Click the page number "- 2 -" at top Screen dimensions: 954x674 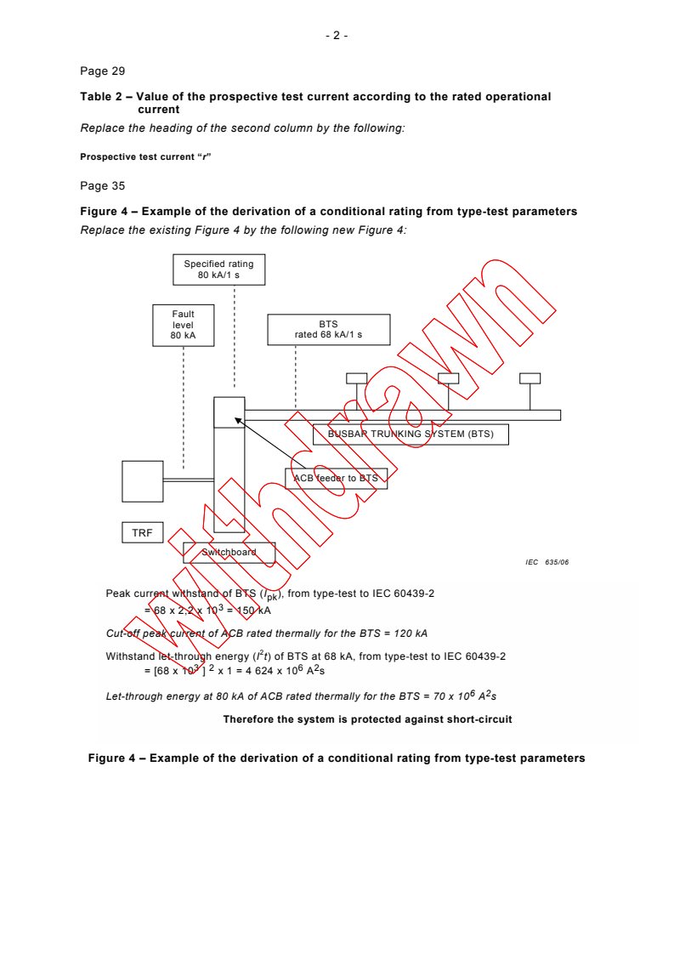tap(337, 35)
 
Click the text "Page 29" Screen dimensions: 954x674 tap(102, 71)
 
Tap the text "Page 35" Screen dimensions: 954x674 tap(102, 185)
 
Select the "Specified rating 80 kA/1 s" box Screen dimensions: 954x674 tap(219, 270)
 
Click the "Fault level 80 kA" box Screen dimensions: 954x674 tap(183, 325)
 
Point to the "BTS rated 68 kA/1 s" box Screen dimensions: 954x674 tap(328, 329)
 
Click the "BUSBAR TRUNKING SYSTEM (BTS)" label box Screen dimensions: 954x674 tap(411, 434)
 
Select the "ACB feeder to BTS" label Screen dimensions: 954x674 tap(336, 478)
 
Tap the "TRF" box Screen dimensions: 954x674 tap(141, 533)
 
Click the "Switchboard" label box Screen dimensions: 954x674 tap(229, 552)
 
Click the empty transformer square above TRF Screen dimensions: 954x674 tap(142, 481)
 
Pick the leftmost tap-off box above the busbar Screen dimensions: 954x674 tap(357, 378)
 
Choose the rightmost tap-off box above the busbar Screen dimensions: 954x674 tap(530, 378)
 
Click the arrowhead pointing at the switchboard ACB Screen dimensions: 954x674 tap(239, 419)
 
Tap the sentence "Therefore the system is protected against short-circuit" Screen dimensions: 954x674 tap(367, 719)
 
